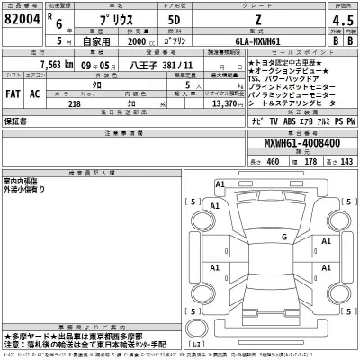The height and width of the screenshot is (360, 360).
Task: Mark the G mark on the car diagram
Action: pos(283,237)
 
